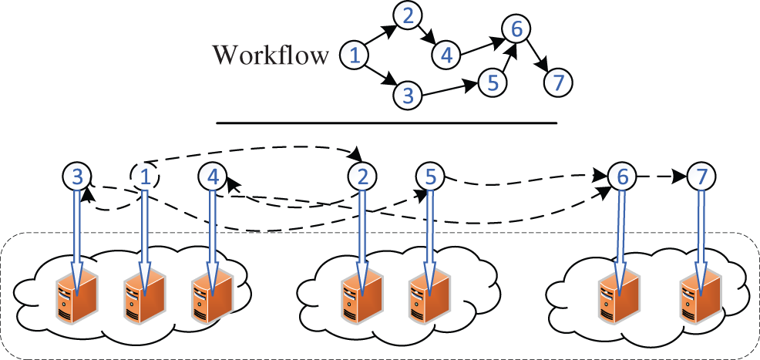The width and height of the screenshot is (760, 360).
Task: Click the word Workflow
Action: tap(271, 56)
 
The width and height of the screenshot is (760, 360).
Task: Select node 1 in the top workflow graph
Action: tap(355, 55)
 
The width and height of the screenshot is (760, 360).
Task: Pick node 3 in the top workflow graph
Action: tap(408, 96)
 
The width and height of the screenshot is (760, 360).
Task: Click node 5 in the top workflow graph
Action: tap(493, 80)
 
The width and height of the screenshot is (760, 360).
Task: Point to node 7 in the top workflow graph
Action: tap(557, 81)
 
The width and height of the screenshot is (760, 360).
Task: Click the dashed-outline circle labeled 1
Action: tap(143, 177)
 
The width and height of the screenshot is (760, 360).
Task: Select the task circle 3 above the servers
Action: tap(76, 177)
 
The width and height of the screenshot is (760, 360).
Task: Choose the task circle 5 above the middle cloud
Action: tap(429, 177)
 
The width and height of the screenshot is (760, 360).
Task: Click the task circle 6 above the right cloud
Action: tap(621, 177)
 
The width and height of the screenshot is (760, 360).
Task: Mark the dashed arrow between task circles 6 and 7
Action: tap(661, 177)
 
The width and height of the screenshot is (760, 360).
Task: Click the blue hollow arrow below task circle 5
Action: tap(429, 231)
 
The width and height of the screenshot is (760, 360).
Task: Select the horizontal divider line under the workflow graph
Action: tap(385, 123)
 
